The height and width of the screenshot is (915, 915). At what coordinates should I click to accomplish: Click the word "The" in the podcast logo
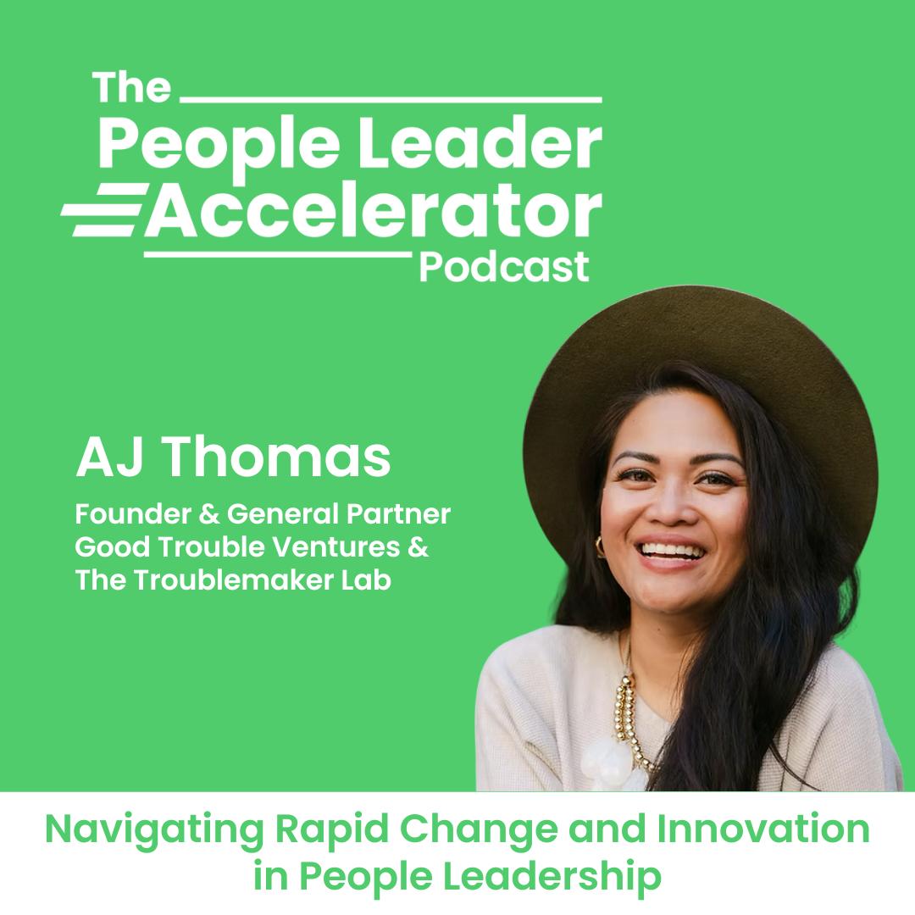point(131,87)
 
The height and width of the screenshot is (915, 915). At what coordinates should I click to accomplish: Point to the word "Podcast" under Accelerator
point(504,267)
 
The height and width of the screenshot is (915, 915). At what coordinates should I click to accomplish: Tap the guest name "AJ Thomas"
point(233,457)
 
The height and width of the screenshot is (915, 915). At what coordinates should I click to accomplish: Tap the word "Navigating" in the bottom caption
point(155,831)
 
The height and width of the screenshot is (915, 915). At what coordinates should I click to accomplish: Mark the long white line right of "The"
point(391,100)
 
